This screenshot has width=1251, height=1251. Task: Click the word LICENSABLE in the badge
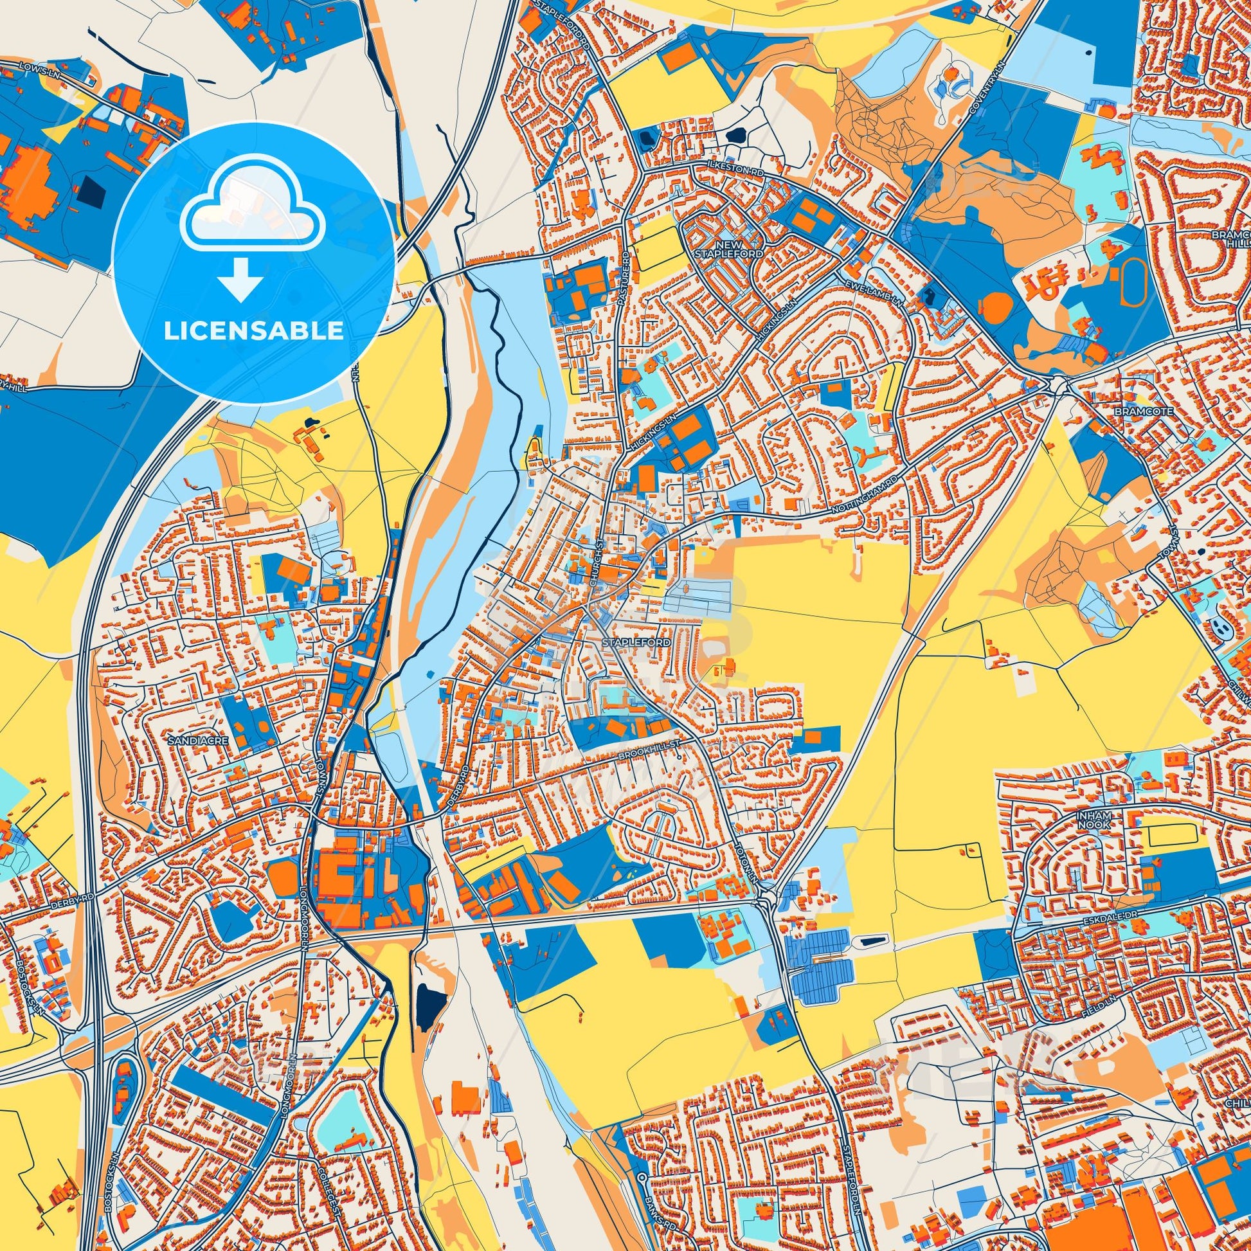click(x=253, y=331)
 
